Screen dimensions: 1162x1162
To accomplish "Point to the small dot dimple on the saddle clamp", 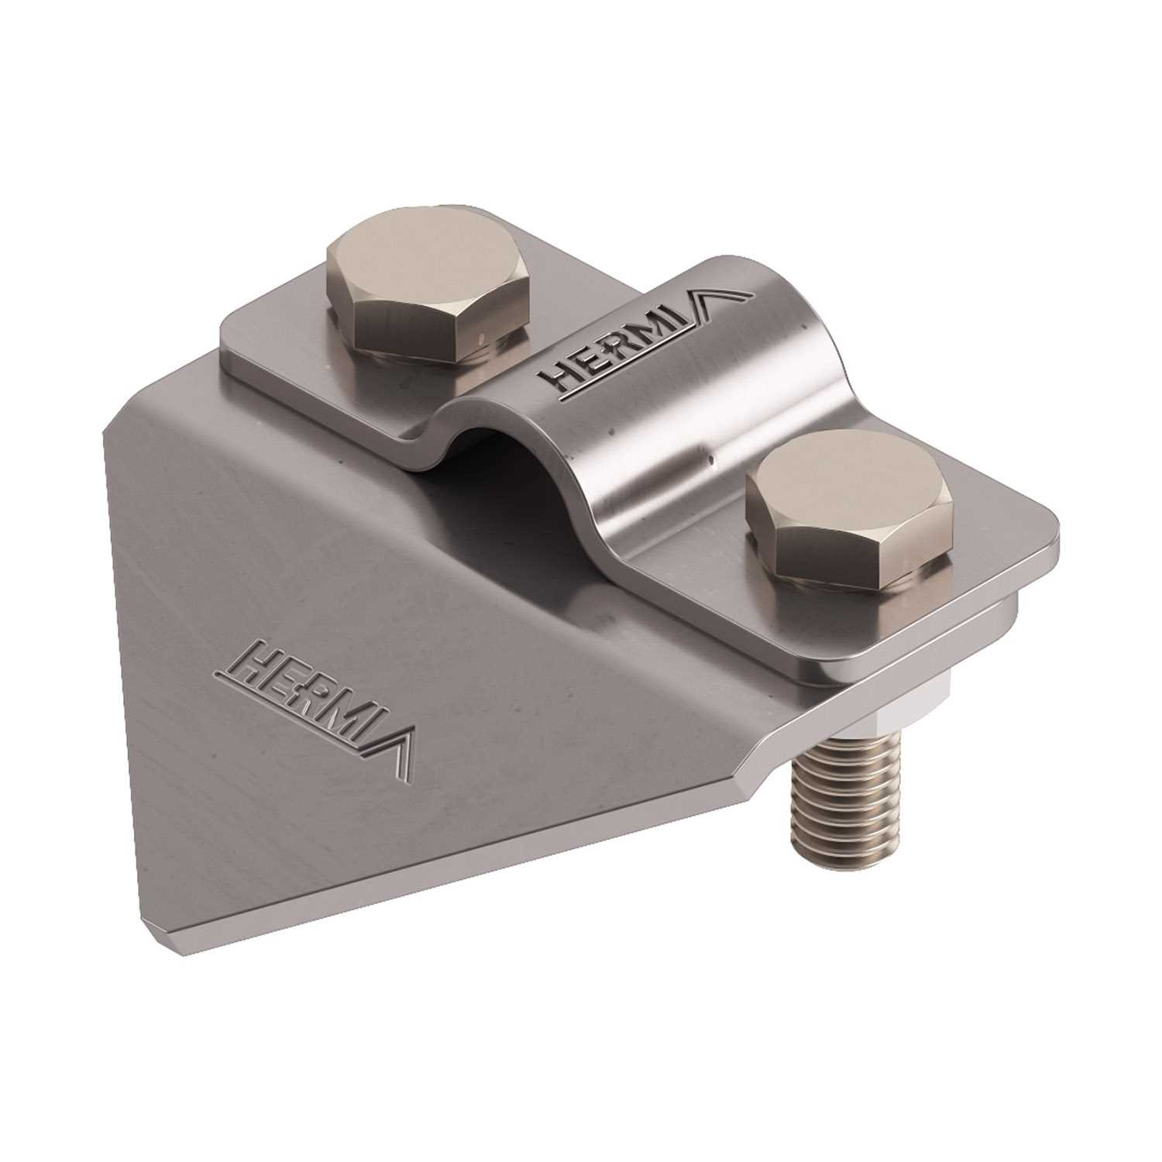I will point(710,462).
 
